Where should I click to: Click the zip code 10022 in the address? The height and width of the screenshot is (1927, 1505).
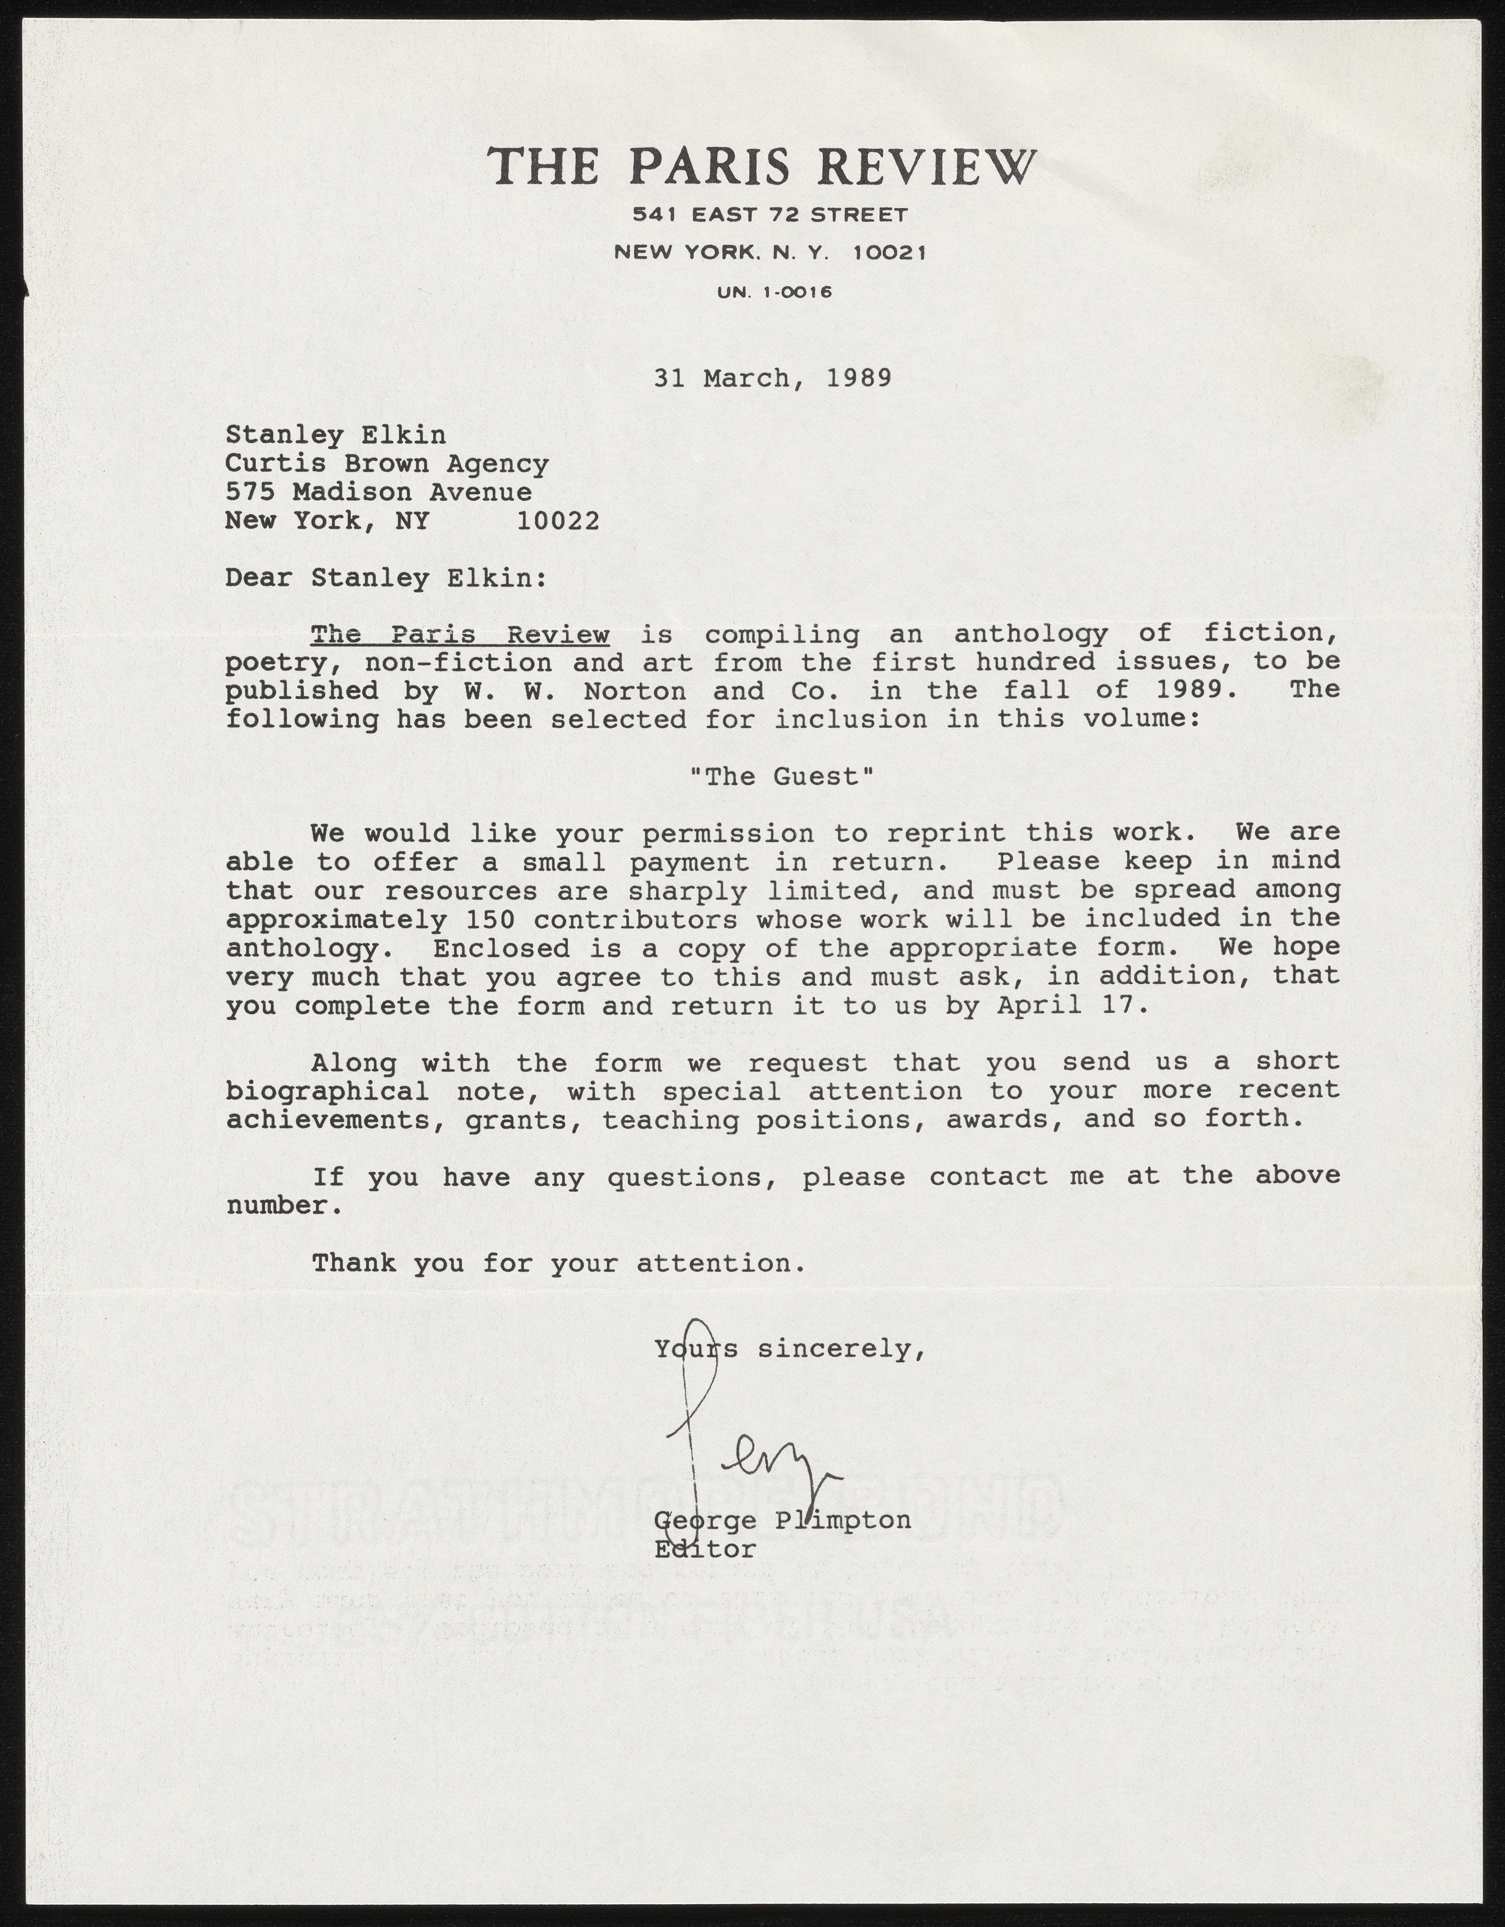click(558, 521)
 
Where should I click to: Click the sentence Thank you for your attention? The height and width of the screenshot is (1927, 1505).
click(558, 1264)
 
